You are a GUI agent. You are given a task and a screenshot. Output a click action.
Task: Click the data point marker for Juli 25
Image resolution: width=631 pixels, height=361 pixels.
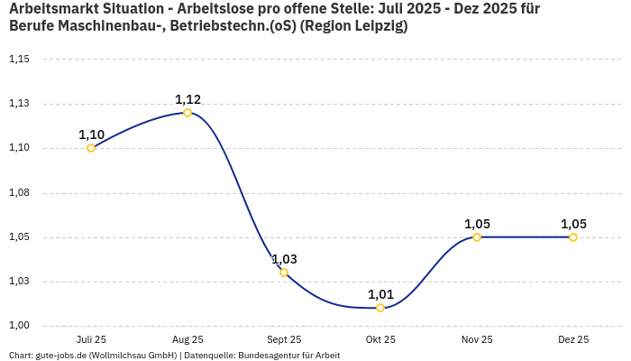point(91,148)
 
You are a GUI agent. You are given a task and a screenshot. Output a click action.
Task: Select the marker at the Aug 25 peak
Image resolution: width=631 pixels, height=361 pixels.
point(187,113)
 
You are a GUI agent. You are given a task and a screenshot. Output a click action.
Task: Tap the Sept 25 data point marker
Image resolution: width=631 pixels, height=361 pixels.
point(284,273)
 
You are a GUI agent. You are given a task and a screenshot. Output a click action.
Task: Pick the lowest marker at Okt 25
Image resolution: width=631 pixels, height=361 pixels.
point(380,308)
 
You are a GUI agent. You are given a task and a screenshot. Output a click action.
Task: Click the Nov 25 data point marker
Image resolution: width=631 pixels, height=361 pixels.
point(477,237)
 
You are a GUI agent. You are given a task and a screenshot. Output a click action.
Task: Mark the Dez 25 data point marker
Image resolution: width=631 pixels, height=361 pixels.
point(573,237)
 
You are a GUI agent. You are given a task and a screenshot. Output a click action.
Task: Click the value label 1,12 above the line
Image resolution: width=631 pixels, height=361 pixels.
point(187,99)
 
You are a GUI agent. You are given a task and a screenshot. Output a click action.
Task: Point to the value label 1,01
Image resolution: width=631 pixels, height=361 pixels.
point(380,294)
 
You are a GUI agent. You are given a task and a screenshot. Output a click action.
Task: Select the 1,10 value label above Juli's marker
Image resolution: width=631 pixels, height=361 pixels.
point(91,134)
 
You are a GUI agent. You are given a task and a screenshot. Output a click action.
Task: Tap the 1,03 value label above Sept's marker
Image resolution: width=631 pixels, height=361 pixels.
point(284,259)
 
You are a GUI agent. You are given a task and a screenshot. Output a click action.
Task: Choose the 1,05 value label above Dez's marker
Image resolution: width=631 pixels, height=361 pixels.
point(573,224)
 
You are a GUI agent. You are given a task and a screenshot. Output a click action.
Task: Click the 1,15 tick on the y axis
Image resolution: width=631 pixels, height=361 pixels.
point(19,60)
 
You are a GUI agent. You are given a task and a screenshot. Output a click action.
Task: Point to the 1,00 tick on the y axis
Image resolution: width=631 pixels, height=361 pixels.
point(19,326)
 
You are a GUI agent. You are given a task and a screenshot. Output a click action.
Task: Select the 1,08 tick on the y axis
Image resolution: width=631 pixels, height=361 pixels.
point(19,193)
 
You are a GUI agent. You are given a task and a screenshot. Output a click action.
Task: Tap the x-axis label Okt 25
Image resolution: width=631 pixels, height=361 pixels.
point(380,340)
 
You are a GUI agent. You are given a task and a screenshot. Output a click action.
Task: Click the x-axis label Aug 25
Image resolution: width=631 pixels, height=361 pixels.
point(187,340)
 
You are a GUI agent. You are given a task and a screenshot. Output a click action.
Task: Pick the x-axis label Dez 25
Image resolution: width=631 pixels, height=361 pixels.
point(573,340)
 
